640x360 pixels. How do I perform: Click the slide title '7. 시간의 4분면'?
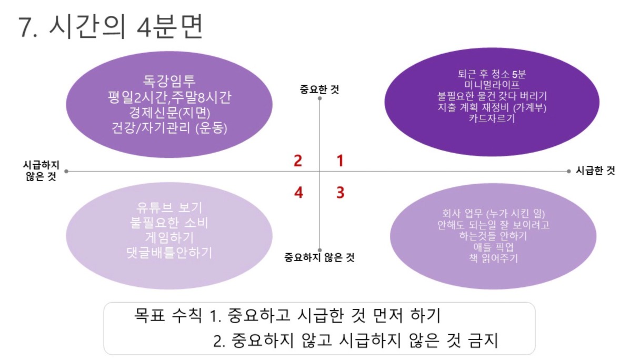click(111, 27)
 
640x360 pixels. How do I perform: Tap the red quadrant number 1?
click(340, 161)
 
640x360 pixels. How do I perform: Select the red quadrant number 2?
click(298, 161)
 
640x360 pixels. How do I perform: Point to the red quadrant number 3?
click(341, 192)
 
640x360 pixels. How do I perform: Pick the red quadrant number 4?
click(298, 192)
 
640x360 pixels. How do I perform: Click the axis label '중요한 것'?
click(319, 89)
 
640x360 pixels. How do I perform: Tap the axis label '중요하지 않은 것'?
click(319, 257)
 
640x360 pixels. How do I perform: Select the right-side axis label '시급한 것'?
click(595, 171)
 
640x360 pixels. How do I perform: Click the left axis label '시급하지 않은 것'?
click(41, 171)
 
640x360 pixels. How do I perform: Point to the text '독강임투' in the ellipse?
click(169, 81)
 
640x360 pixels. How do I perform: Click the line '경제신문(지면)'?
click(169, 113)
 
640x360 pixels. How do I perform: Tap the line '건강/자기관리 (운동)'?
click(169, 128)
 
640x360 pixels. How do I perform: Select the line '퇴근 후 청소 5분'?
click(492, 74)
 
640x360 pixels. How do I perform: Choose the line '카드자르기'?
click(492, 118)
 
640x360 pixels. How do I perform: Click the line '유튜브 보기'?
click(169, 208)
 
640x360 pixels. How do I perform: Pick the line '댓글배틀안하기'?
click(169, 253)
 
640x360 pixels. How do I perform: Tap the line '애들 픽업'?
click(493, 247)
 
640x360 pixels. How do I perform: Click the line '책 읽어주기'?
click(493, 258)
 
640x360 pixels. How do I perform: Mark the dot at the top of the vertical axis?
click(319, 98)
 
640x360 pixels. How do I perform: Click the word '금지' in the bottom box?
click(483, 341)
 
